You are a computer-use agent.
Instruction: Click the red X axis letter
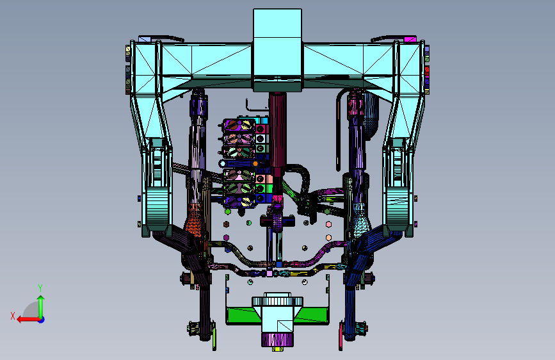(x=13, y=316)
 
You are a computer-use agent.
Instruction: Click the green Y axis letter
(x=40, y=288)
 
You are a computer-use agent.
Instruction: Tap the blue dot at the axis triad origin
(x=42, y=320)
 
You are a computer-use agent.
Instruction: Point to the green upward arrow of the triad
(x=41, y=307)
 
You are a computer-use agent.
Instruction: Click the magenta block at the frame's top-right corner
(x=410, y=39)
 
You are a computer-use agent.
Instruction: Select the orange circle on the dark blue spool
(x=255, y=164)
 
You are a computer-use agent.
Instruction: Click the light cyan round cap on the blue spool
(x=222, y=163)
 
